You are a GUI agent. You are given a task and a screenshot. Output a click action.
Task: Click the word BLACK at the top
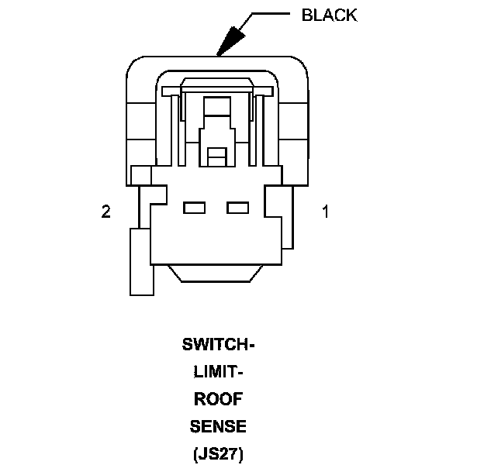[329, 15]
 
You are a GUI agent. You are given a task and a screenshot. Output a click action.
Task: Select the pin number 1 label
[326, 211]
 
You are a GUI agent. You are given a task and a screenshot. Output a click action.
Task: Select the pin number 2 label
[106, 211]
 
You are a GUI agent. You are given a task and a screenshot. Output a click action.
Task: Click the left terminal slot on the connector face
[193, 208]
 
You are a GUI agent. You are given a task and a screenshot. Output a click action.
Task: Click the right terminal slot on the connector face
[237, 208]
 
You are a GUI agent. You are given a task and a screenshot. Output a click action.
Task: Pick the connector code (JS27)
[218, 453]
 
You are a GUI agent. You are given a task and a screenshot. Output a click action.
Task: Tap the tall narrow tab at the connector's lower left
[140, 261]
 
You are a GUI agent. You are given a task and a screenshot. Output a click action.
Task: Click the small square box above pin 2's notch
[140, 176]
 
